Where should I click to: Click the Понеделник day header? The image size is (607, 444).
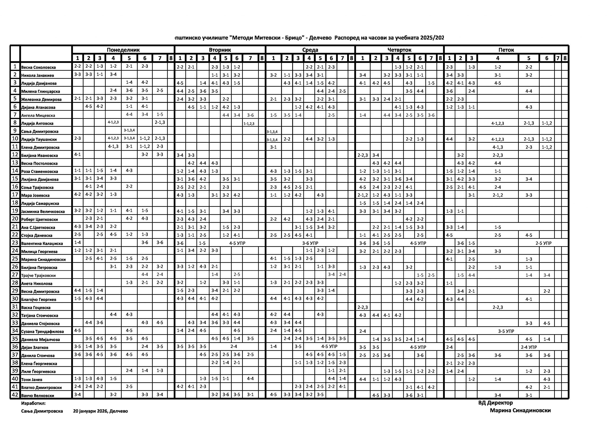pyautogui.click(x=123, y=50)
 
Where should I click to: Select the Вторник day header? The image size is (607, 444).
pyautogui.click(x=220, y=50)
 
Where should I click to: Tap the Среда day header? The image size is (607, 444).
pyautogui.click(x=310, y=50)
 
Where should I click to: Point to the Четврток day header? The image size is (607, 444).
pyautogui.click(x=399, y=50)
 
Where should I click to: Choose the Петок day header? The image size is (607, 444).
pyautogui.click(x=506, y=50)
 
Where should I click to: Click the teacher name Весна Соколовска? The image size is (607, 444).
pyautogui.click(x=39, y=67)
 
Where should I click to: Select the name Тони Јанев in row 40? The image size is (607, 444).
pyautogui.click(x=32, y=379)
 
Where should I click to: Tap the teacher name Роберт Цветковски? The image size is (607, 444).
pyautogui.click(x=40, y=219)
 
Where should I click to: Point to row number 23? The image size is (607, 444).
pyautogui.click(x=15, y=243)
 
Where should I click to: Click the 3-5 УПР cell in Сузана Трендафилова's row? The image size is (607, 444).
pyautogui.click(x=506, y=331)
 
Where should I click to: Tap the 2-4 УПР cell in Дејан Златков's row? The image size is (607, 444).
pyautogui.click(x=529, y=347)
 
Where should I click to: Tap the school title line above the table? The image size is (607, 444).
pyautogui.click(x=309, y=38)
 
